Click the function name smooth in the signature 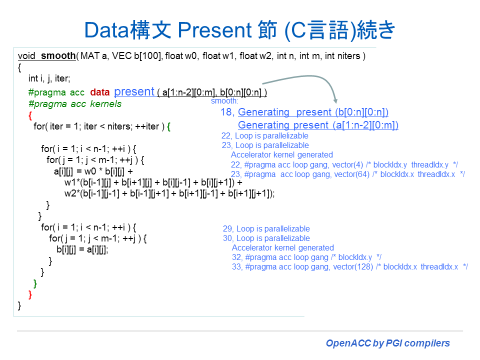(58, 56)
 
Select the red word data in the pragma (99, 92)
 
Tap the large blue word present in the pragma (134, 91)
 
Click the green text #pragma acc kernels (75, 104)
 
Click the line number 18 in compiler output (227, 112)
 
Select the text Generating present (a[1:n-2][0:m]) (318, 125)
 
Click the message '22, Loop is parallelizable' (265, 136)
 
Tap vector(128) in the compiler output (352, 267)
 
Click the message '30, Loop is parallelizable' (266, 238)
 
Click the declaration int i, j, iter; (49, 78)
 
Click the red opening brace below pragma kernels (30, 115)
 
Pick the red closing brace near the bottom (30, 294)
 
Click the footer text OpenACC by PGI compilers (387, 343)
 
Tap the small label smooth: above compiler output (224, 101)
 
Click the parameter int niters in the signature (343, 56)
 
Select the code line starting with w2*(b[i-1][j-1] (169, 193)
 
